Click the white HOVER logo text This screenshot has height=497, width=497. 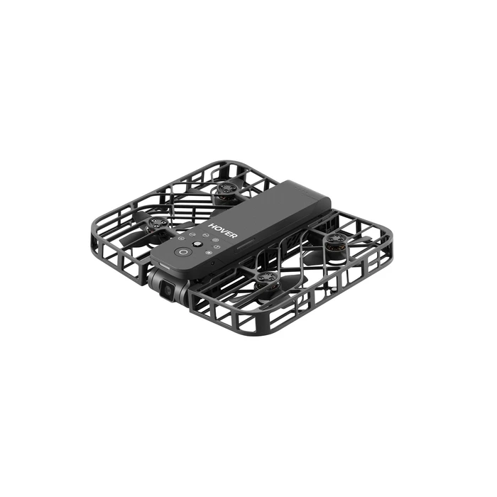pos(222,231)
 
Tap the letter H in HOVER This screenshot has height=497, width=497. pos(211,225)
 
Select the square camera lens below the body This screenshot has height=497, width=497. pos(168,291)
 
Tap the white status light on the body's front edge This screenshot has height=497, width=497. pos(164,266)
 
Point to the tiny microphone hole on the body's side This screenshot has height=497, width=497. pos(212,263)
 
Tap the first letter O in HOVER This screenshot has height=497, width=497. pos(216,228)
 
